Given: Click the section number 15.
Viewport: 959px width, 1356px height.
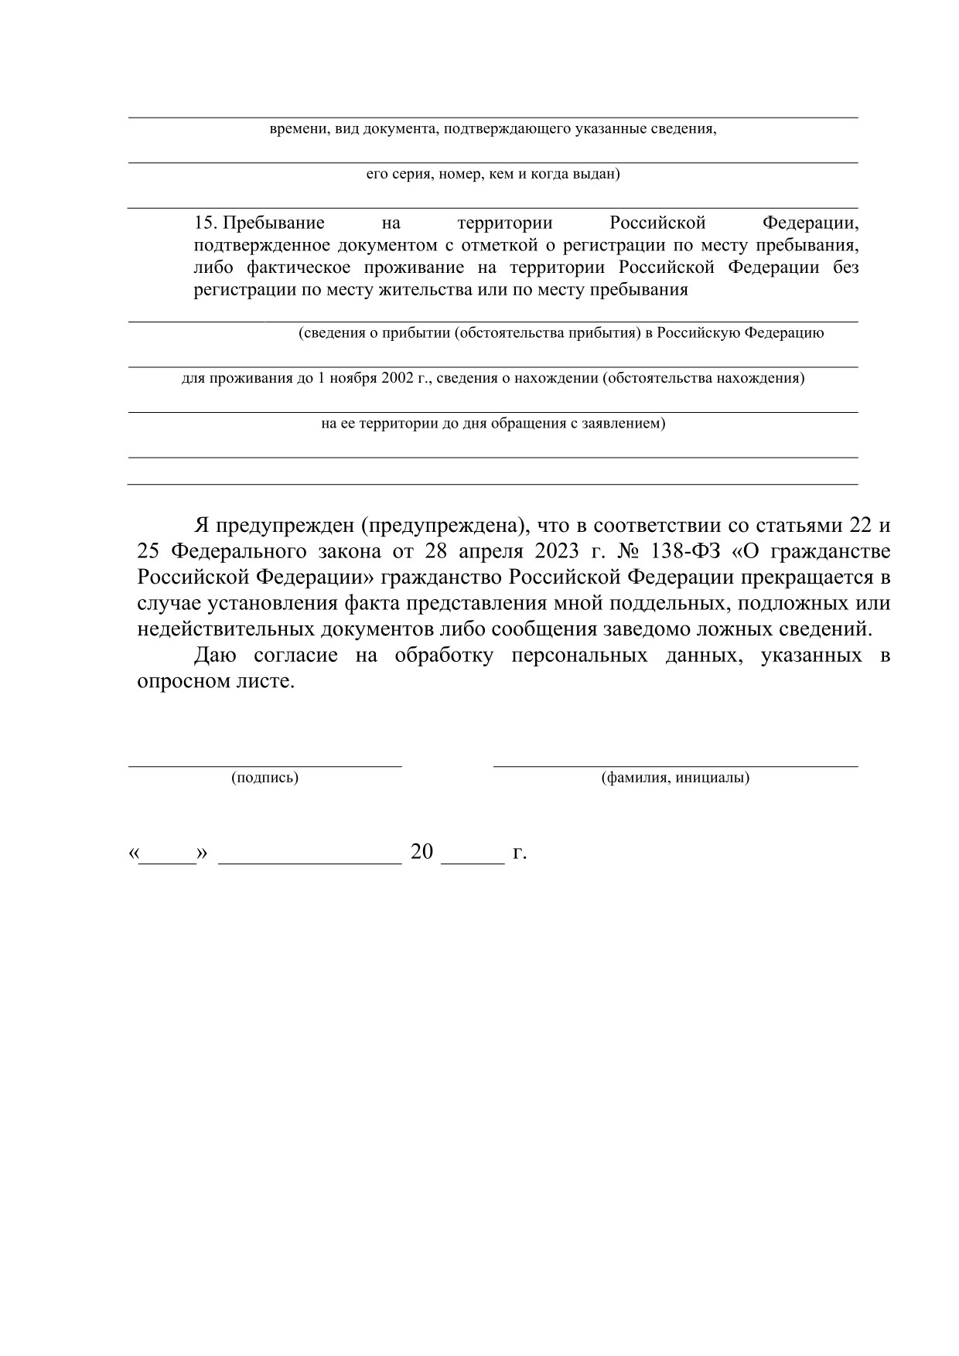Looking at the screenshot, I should coord(205,223).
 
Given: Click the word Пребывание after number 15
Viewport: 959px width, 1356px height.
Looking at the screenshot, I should coord(274,223).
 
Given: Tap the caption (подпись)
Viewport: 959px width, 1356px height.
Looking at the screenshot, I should coord(264,778).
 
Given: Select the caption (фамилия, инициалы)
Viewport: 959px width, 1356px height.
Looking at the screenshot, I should coord(675,778).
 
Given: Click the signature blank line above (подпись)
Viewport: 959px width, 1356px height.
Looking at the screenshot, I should coord(264,765).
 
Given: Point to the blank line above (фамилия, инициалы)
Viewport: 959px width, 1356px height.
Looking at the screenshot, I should coord(675,765).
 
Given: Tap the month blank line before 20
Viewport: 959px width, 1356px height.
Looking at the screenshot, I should coord(310,859).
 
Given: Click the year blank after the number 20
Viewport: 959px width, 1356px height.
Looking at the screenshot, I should coord(472,859).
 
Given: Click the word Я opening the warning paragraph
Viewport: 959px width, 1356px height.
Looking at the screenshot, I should coord(201,526).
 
